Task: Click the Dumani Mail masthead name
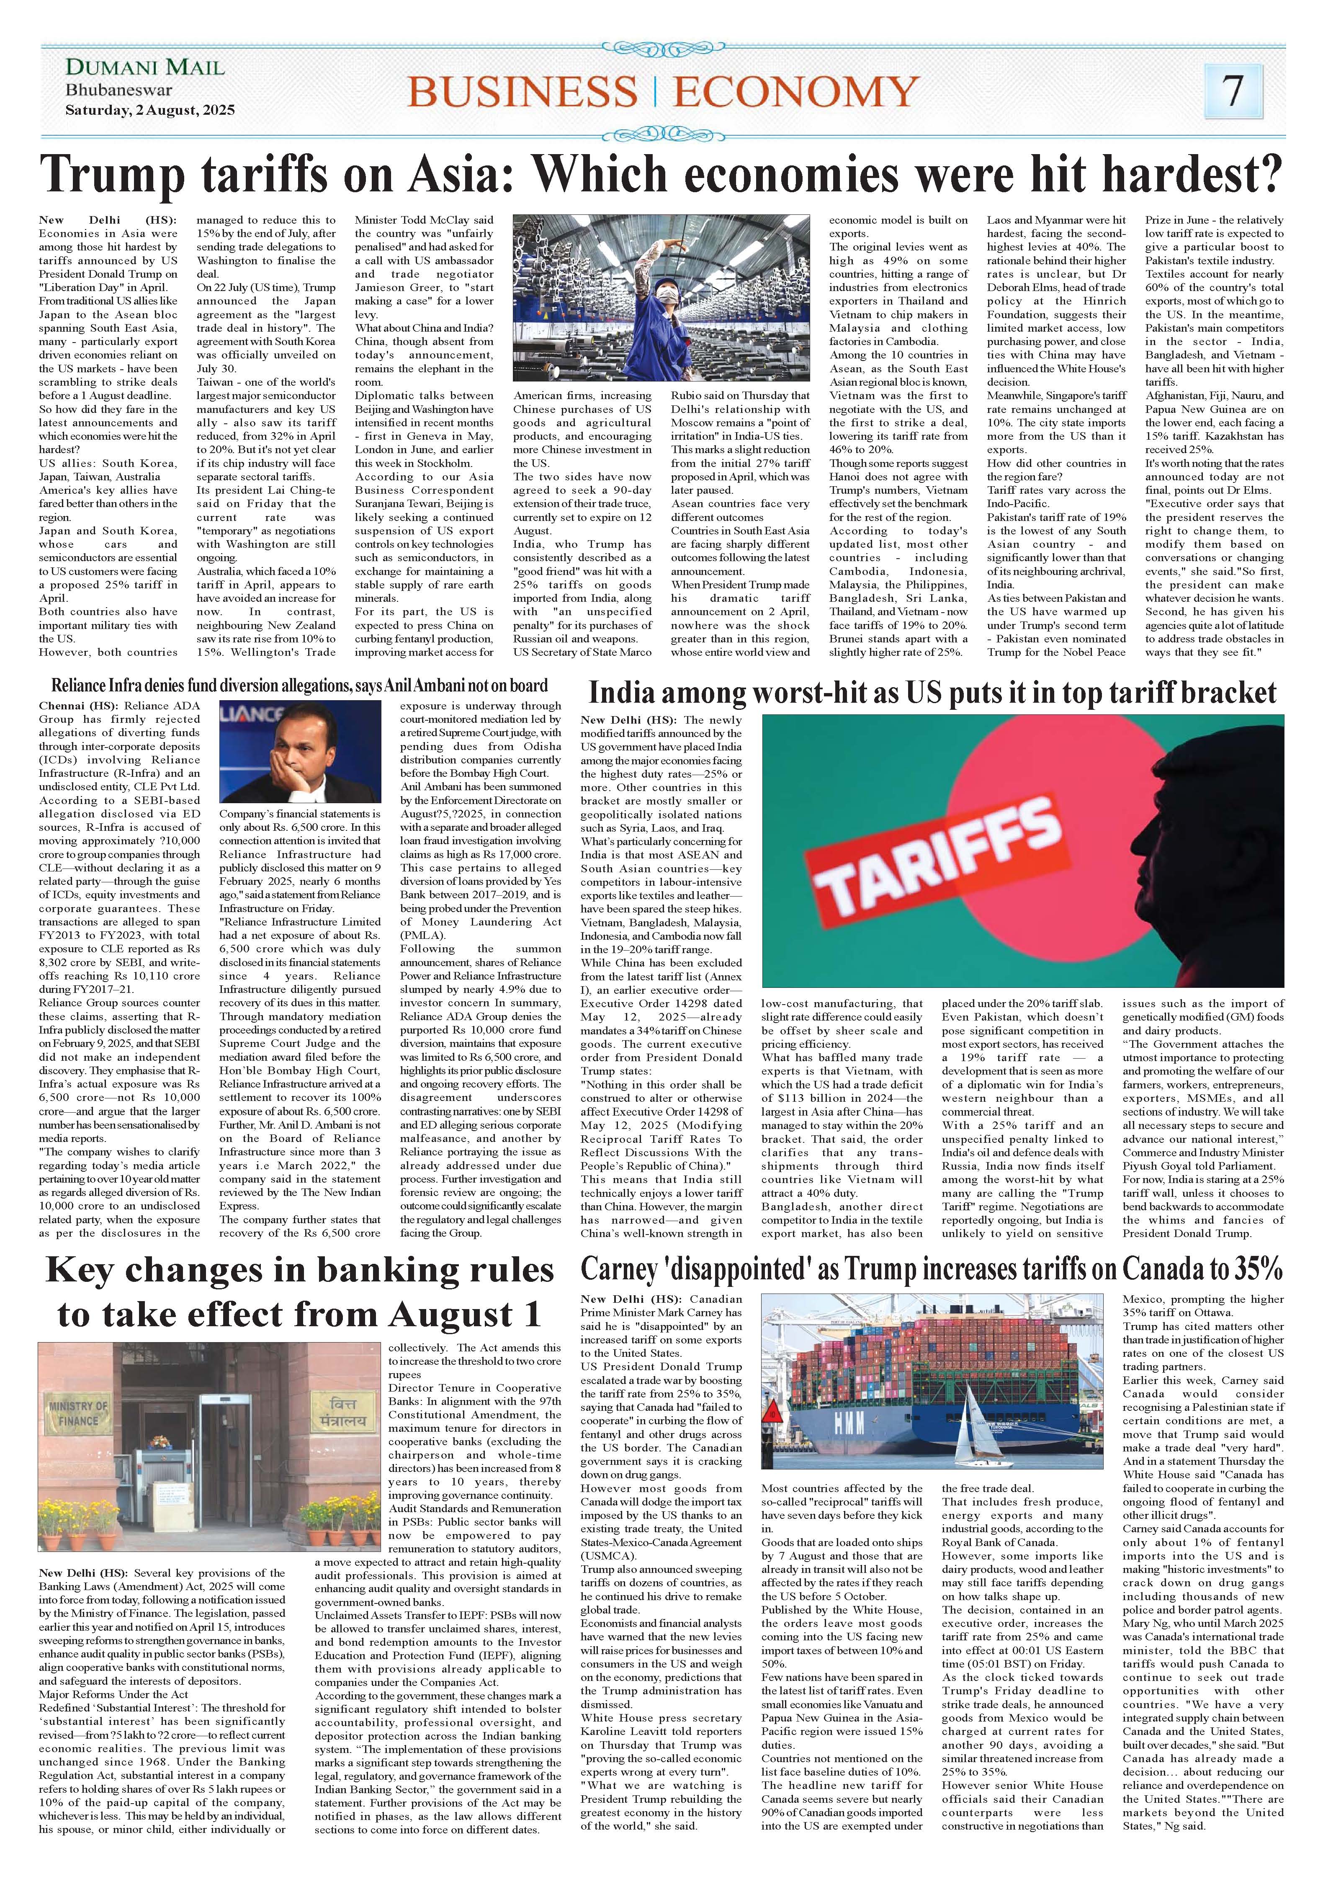click(x=145, y=67)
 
